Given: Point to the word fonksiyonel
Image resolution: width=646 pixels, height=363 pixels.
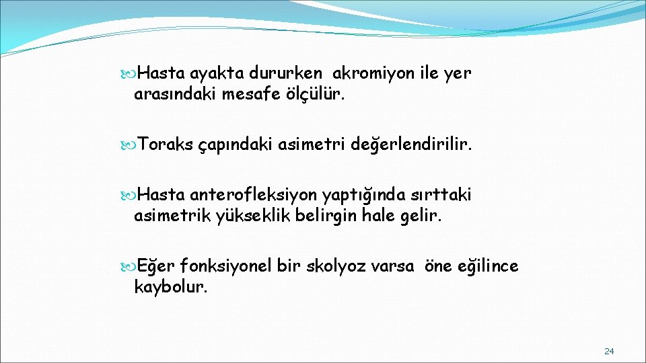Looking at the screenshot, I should coord(226,267).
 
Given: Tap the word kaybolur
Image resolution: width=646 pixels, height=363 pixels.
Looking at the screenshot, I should coord(171,288).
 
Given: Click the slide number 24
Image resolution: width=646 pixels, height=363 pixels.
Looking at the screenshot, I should coord(609,351).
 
